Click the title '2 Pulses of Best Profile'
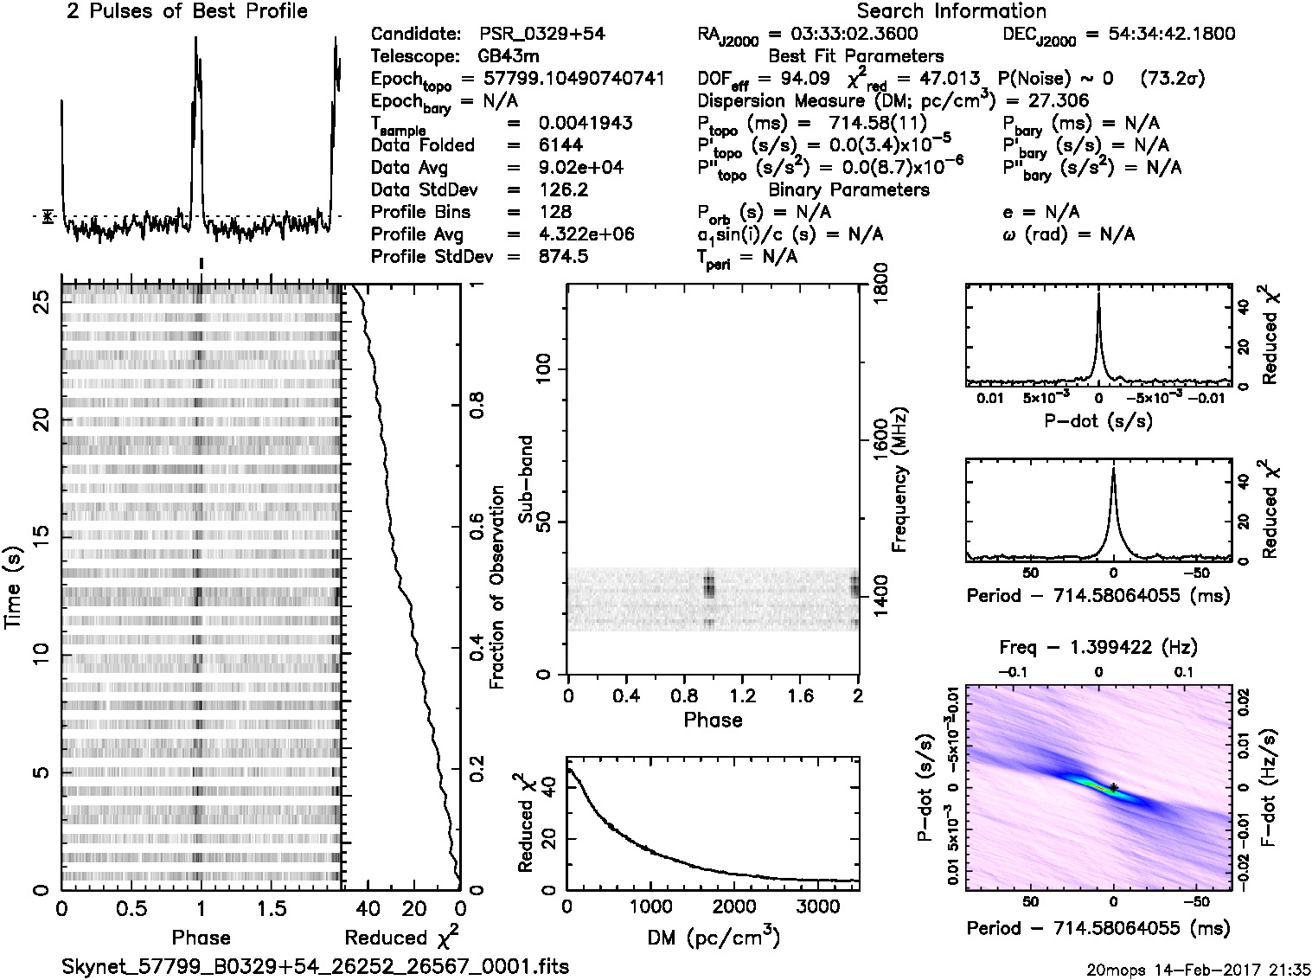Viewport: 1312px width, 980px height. pyautogui.click(x=187, y=11)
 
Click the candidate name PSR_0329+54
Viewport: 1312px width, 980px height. pyautogui.click(x=542, y=35)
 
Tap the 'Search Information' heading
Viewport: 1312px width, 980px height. pyautogui.click(x=951, y=11)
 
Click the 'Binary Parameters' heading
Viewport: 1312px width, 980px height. pyautogui.click(x=848, y=189)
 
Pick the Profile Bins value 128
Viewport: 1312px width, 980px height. pyautogui.click(x=554, y=212)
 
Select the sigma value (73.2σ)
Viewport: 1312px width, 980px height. pyautogui.click(x=1173, y=79)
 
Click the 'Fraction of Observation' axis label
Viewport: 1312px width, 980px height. pyautogui.click(x=497, y=587)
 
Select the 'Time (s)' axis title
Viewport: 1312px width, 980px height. pyautogui.click(x=14, y=587)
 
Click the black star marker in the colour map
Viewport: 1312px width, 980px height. pyautogui.click(x=1114, y=786)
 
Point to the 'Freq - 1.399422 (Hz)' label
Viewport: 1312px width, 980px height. pyautogui.click(x=1098, y=647)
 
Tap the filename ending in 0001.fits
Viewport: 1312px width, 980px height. pyautogui.click(x=316, y=966)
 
